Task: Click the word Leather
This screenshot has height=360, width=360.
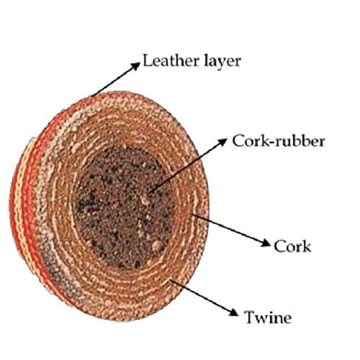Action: pyautogui.click(x=170, y=60)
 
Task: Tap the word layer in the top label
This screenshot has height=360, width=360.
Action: pyautogui.click(x=222, y=62)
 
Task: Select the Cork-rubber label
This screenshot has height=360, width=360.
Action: pyautogui.click(x=278, y=141)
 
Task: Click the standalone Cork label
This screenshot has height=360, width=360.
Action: pyautogui.click(x=292, y=246)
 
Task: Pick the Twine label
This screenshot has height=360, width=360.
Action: pyautogui.click(x=268, y=317)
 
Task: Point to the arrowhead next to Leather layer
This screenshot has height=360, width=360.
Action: pyautogui.click(x=136, y=65)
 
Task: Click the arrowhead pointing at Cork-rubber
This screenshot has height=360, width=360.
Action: pyautogui.click(x=222, y=141)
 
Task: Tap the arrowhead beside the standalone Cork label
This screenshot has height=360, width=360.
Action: pyautogui.click(x=266, y=243)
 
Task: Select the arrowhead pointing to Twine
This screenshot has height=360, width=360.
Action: pyautogui.click(x=233, y=312)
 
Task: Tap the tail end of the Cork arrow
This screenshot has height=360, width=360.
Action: pyautogui.click(x=192, y=214)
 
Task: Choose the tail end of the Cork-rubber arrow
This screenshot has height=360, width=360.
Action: pyautogui.click(x=148, y=193)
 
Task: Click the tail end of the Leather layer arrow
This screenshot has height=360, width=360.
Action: pyautogui.click(x=91, y=96)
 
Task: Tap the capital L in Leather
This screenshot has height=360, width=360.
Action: pyautogui.click(x=148, y=60)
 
